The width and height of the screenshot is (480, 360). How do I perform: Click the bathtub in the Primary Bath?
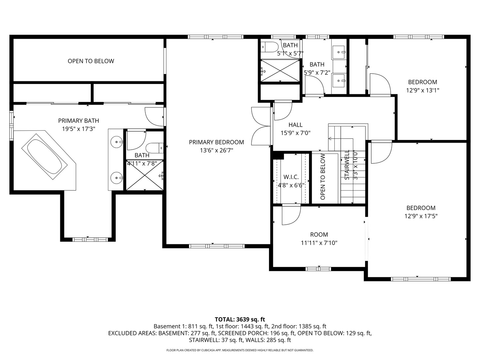coord(44,157)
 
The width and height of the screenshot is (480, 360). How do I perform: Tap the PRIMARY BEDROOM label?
coord(216,142)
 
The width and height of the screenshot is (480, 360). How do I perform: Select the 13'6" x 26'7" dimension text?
coord(216,150)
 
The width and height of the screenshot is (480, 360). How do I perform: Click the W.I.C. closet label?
coord(291,177)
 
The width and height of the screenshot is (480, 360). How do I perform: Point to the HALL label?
coord(295,125)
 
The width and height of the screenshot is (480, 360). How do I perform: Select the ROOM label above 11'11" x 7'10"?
coord(319,235)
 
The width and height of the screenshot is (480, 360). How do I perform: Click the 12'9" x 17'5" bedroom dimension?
coord(421,216)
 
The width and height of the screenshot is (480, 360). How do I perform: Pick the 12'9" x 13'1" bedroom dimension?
coord(422,90)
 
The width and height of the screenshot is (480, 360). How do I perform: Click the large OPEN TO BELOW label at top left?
coord(91,61)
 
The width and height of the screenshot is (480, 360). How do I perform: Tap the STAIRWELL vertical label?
coord(347,165)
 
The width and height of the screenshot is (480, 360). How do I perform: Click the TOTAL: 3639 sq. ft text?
coord(240,319)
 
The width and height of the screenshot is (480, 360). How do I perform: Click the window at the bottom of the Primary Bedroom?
coord(217,246)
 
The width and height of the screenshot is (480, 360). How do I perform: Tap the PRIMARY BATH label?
coord(79,121)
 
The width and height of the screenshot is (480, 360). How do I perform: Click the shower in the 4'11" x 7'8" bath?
coord(145,175)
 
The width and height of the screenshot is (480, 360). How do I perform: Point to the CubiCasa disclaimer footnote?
coord(240,350)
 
